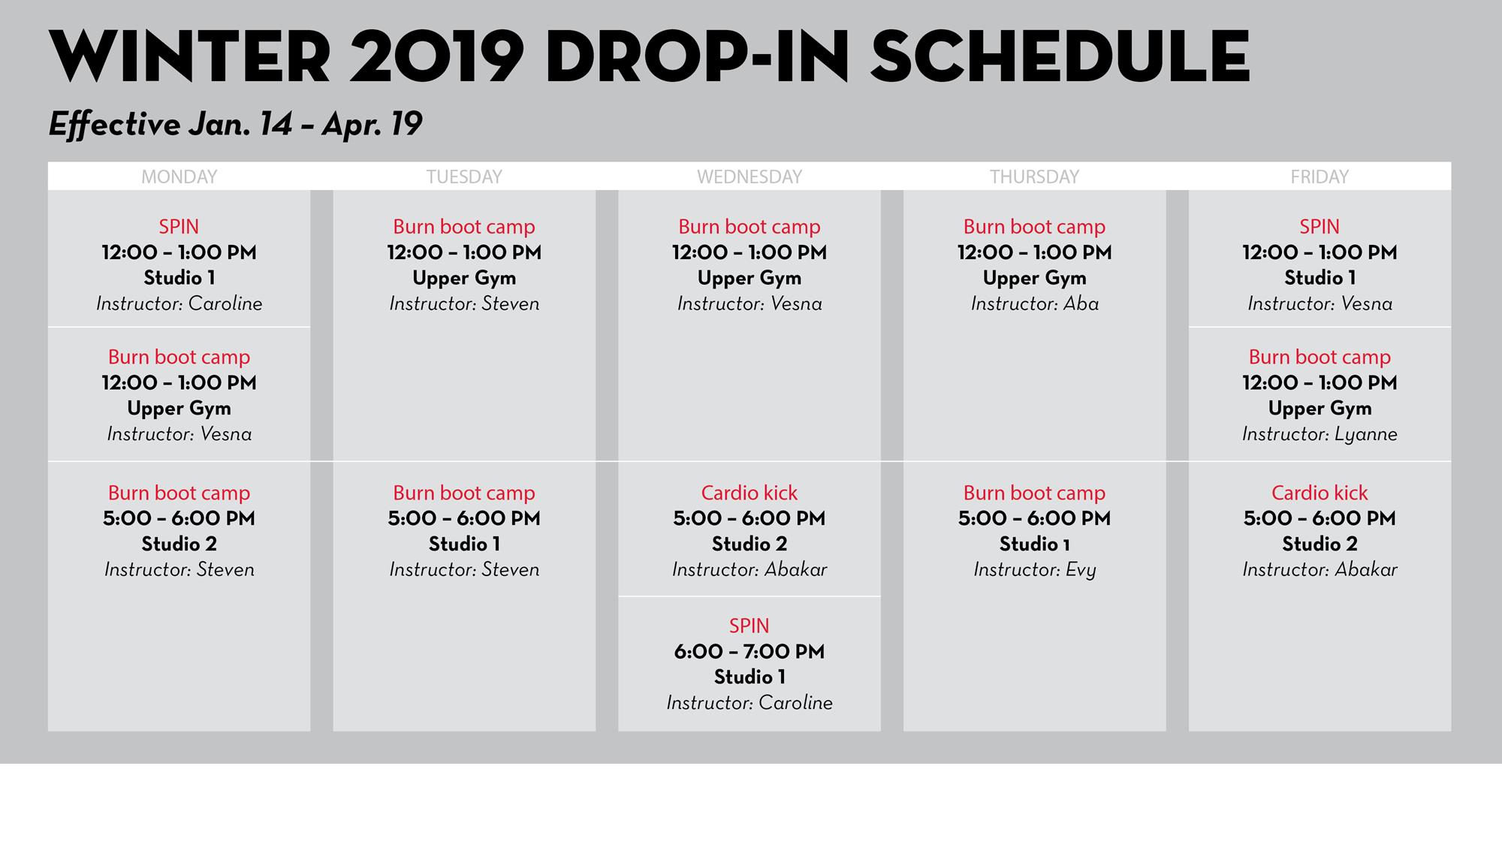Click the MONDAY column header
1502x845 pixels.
point(179,177)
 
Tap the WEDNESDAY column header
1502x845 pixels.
point(749,177)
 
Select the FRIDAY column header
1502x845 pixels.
point(1320,177)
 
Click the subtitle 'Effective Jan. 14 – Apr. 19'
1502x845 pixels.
point(235,124)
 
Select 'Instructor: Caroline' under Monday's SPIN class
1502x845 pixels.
point(179,303)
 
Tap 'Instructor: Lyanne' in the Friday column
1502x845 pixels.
point(1320,434)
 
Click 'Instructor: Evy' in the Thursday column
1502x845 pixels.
point(1035,570)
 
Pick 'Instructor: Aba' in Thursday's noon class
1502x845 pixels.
point(1035,303)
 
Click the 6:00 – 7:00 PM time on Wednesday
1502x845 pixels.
point(749,651)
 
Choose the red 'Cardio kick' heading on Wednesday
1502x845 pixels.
point(749,493)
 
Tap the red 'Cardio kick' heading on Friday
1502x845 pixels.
point(1320,493)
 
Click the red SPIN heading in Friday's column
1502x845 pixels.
point(1320,227)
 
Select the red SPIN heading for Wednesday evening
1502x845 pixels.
point(749,626)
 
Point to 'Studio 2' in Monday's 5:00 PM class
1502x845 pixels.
point(179,544)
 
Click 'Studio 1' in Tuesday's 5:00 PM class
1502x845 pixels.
point(464,544)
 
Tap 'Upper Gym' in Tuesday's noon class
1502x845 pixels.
point(464,278)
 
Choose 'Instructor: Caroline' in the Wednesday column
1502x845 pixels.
point(749,703)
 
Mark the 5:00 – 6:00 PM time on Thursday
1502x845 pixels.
point(1035,518)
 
